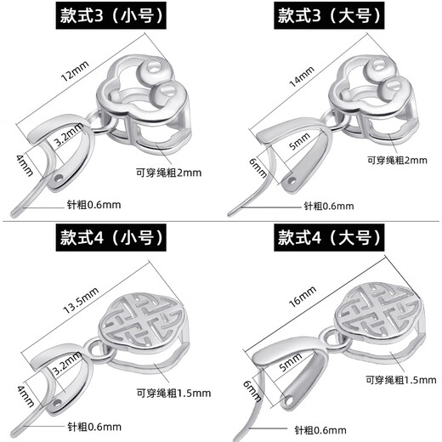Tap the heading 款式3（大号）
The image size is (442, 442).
329,17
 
